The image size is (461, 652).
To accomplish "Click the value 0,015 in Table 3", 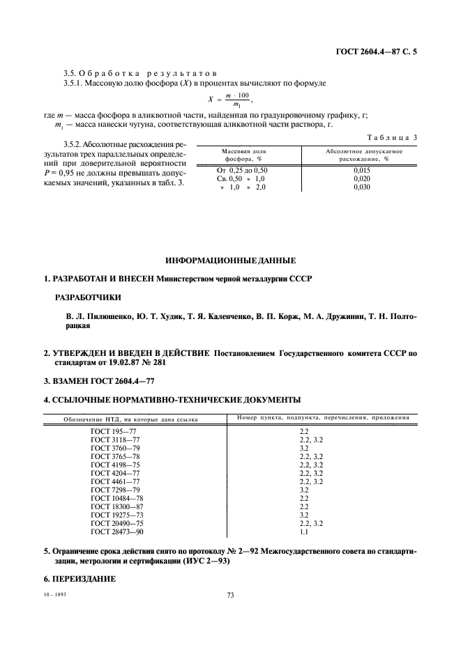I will (361, 170).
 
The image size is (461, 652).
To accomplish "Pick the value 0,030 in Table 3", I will (361, 187).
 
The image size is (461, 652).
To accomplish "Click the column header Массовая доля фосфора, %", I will (243, 155).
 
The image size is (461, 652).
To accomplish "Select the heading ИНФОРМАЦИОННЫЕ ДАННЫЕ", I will (230, 261).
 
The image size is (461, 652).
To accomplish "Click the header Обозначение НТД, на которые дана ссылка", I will (130, 419).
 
